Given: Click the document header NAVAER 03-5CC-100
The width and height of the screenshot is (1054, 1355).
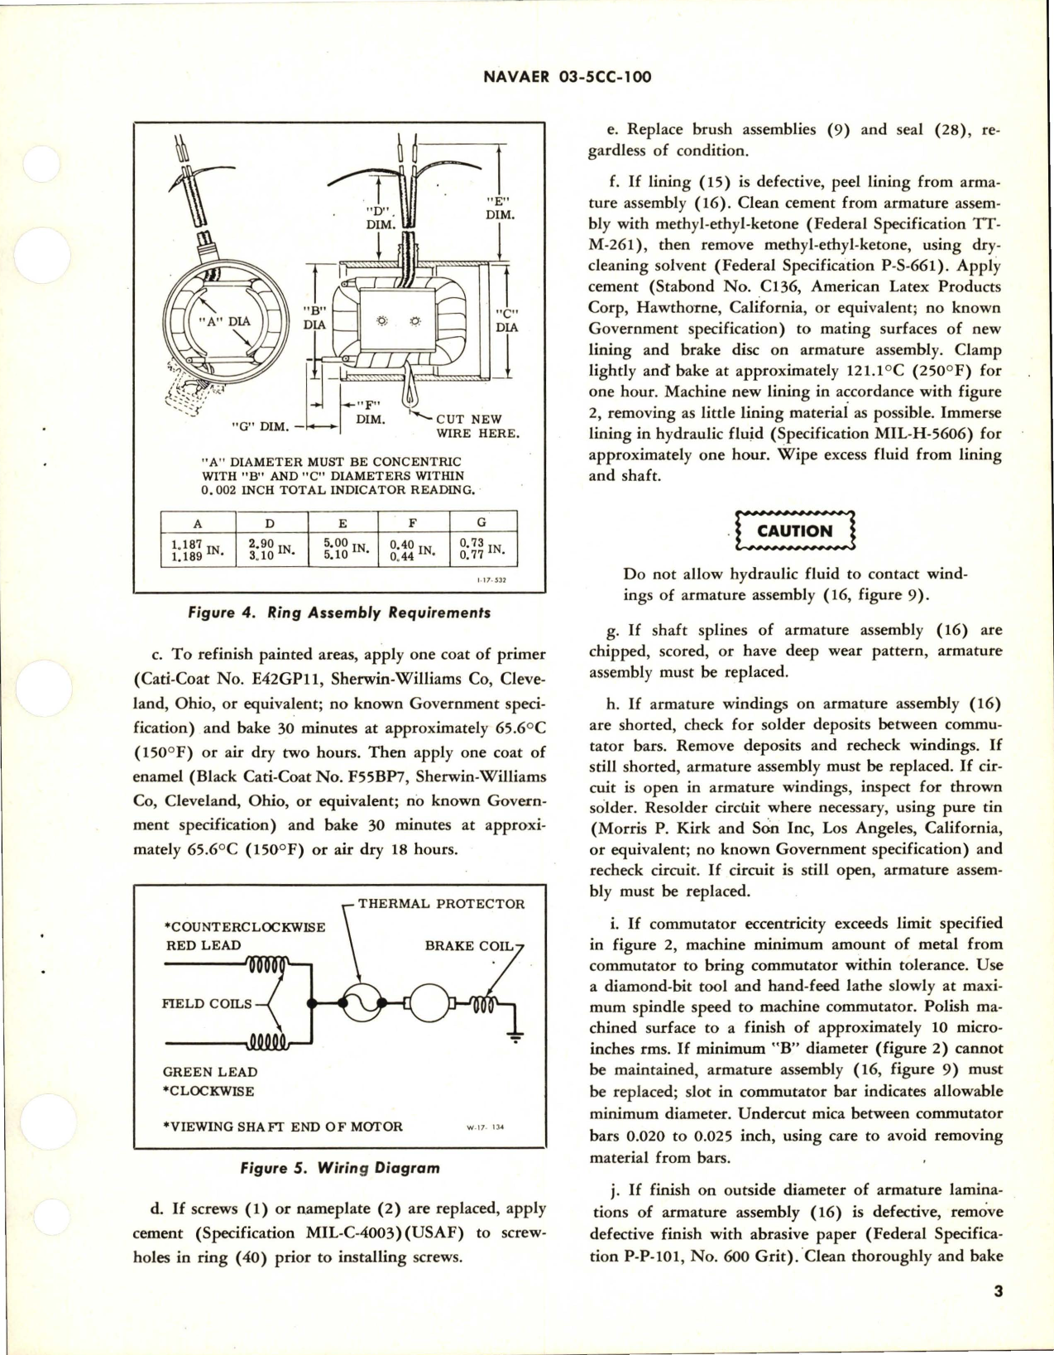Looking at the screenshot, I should coord(565,77).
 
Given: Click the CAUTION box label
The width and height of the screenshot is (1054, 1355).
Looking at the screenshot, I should coord(794,531).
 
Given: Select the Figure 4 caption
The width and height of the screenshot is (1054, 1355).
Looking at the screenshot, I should coord(338,613).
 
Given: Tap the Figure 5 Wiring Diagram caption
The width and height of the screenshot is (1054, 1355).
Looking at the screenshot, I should coord(338,1169).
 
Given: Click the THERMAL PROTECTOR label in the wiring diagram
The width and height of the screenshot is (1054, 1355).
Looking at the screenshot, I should coord(441,903).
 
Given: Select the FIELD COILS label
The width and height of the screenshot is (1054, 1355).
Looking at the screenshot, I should coord(207,1003).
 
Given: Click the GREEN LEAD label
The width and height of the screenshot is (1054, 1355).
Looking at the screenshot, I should coord(209,1072).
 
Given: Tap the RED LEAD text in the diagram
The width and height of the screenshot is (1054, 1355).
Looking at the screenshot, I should coord(204,945).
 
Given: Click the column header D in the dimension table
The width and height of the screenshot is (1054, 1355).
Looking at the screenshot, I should coord(271,522).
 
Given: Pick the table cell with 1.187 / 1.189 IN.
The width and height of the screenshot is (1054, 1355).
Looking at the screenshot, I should coord(198,550).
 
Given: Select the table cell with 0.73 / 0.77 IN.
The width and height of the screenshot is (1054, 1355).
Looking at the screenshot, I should coord(482,550).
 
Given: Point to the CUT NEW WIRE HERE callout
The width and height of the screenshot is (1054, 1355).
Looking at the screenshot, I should coord(477,426).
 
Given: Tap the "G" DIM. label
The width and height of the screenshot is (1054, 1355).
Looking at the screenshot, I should coord(260,427).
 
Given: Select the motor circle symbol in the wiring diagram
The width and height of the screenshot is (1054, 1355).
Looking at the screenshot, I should coord(429,1004).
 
